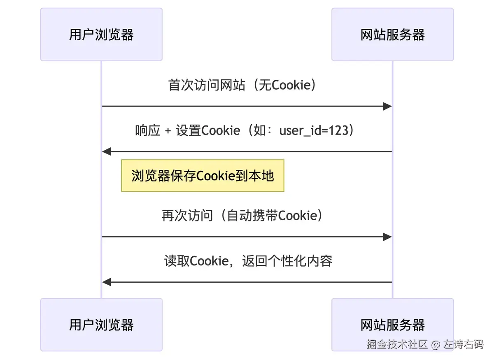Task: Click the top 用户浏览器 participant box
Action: tap(101, 35)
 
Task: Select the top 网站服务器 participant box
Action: tap(393, 35)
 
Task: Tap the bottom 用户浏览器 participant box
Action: tap(101, 325)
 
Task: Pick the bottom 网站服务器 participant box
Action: tap(393, 325)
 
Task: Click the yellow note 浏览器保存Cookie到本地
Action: tap(203, 176)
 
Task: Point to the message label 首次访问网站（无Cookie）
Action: tap(242, 85)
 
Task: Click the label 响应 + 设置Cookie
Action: tap(188, 130)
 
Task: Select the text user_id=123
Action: tap(314, 130)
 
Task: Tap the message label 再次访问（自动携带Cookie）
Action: tap(242, 215)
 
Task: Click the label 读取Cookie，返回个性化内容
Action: tap(248, 261)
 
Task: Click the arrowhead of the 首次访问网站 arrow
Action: tap(387, 106)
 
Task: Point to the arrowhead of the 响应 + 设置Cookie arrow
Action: tap(107, 152)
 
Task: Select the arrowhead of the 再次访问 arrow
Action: tap(387, 237)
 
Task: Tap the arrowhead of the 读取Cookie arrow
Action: tap(107, 282)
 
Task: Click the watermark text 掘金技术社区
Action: tap(397, 344)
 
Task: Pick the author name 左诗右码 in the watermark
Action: tap(464, 344)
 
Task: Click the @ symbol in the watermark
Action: tap(436, 344)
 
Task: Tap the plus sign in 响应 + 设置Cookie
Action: tap(168, 131)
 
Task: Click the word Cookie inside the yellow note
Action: tap(215, 176)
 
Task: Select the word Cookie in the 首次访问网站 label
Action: tap(291, 85)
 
